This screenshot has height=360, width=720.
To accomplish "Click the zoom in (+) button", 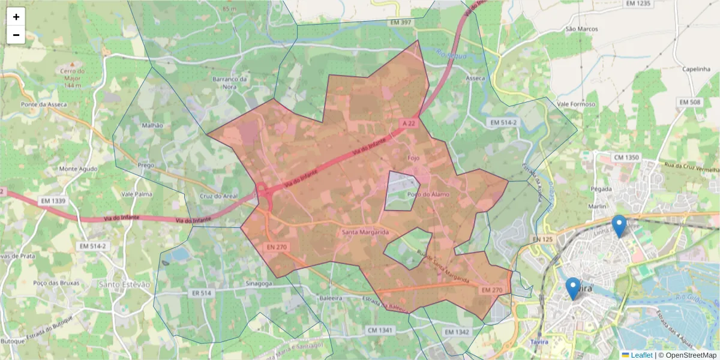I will pyautogui.click(x=16, y=17).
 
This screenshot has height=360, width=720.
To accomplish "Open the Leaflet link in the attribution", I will pyautogui.click(x=641, y=355).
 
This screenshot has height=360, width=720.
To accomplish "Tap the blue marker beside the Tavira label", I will pyautogui.click(x=573, y=288).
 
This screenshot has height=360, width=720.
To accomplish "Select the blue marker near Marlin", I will pyautogui.click(x=619, y=225).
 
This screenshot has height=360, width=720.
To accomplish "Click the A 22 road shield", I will pyautogui.click(x=409, y=123).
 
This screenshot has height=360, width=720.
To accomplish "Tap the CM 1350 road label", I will pyautogui.click(x=626, y=158).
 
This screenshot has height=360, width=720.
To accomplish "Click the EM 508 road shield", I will pyautogui.click(x=689, y=103).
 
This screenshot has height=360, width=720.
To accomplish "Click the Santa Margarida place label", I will pyautogui.click(x=365, y=232).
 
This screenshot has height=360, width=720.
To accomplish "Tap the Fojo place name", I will pyautogui.click(x=413, y=158).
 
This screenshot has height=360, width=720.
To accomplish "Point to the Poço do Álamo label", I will pyautogui.click(x=428, y=194).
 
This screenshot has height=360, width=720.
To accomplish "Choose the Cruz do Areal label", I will pyautogui.click(x=218, y=196).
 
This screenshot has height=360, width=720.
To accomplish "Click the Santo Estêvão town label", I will pyautogui.click(x=124, y=284).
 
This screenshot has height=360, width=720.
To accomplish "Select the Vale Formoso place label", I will pyautogui.click(x=576, y=104).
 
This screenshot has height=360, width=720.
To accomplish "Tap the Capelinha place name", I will pyautogui.click(x=696, y=69).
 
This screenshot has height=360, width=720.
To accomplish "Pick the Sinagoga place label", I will pyautogui.click(x=259, y=283).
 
